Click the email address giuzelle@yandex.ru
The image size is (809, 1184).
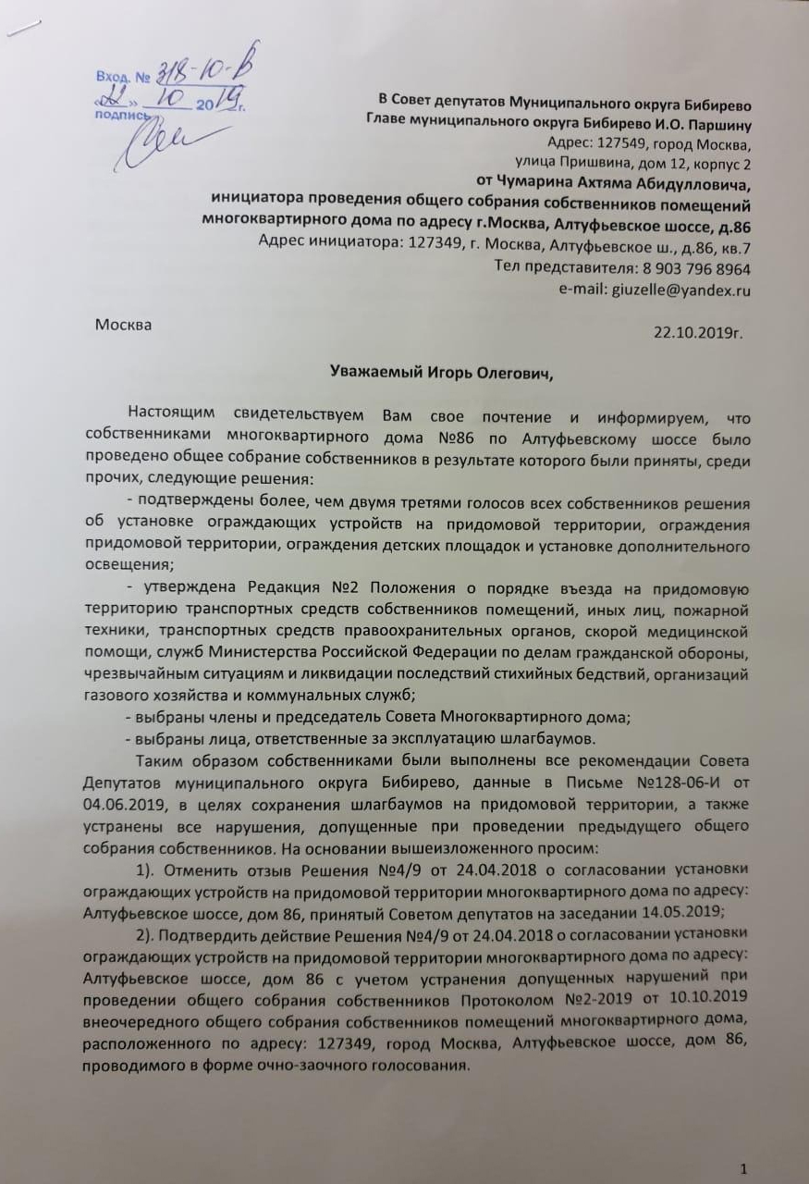(x=680, y=290)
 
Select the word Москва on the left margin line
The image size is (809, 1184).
(x=124, y=325)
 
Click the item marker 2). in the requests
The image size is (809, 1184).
(x=151, y=932)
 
